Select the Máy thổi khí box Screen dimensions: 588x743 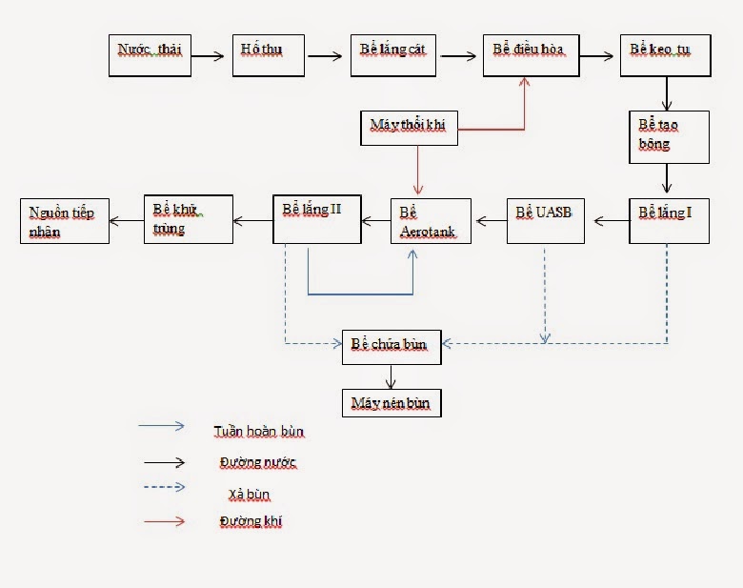[x=409, y=127]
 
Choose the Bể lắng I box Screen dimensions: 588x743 [x=669, y=220]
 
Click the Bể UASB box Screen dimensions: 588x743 [x=545, y=220]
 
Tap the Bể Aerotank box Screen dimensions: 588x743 [x=431, y=221]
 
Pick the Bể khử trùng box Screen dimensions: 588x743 [x=189, y=220]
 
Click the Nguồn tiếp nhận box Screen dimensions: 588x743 [x=65, y=220]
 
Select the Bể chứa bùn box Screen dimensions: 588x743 [x=391, y=346]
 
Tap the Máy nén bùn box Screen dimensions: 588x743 [x=391, y=403]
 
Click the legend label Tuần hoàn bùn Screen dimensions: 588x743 [x=259, y=432]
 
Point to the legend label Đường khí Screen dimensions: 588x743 [x=251, y=521]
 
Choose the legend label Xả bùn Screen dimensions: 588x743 [x=245, y=494]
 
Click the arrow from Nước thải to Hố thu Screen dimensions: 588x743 [x=211, y=55]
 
